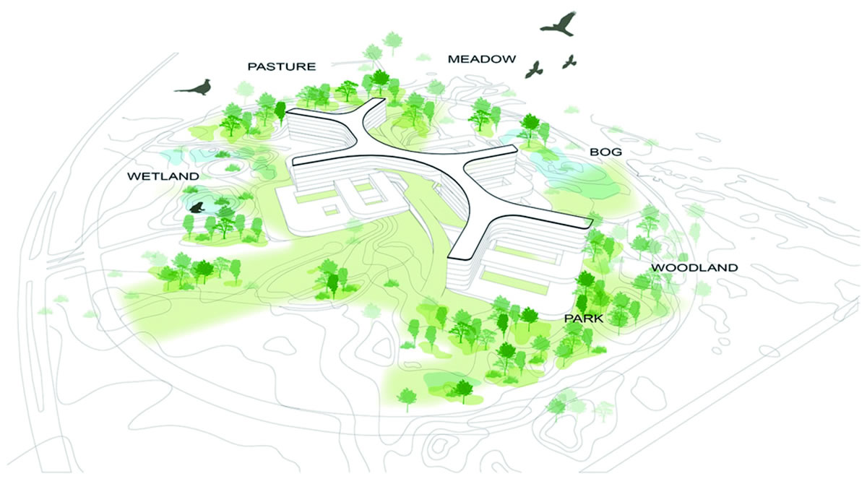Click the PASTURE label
(282, 66)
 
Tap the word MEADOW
(482, 59)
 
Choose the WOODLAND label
(694, 268)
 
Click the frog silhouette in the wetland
(196, 208)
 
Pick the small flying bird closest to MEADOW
(535, 69)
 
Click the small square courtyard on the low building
(332, 209)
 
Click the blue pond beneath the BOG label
(571, 173)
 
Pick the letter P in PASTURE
(252, 66)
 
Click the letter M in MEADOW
(452, 59)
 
